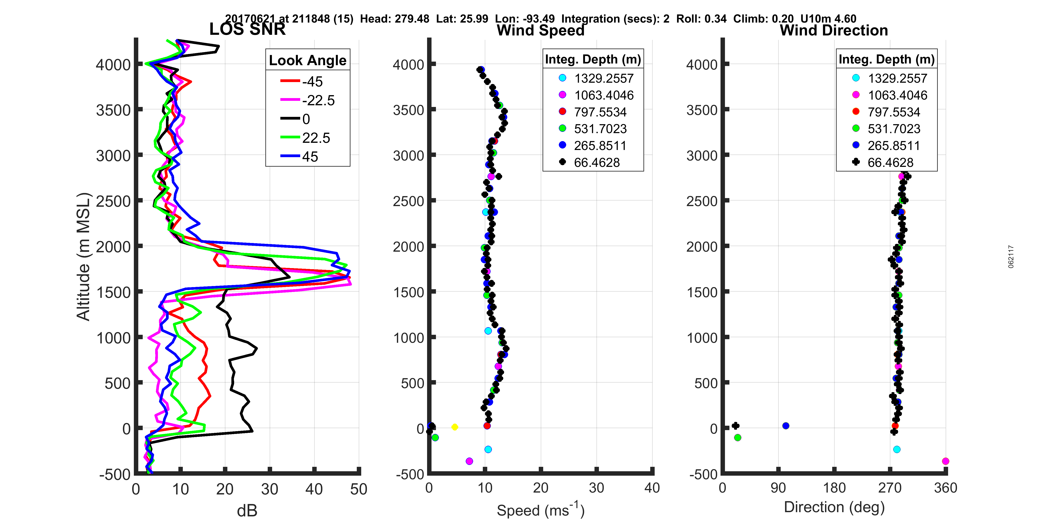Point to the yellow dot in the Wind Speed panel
455,427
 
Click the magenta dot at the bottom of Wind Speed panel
469,461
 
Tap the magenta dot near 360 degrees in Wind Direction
946,461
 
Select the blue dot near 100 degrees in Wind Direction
786,426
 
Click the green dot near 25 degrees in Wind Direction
738,437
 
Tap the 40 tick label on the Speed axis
652,488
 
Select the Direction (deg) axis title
834,507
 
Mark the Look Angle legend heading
308,60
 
